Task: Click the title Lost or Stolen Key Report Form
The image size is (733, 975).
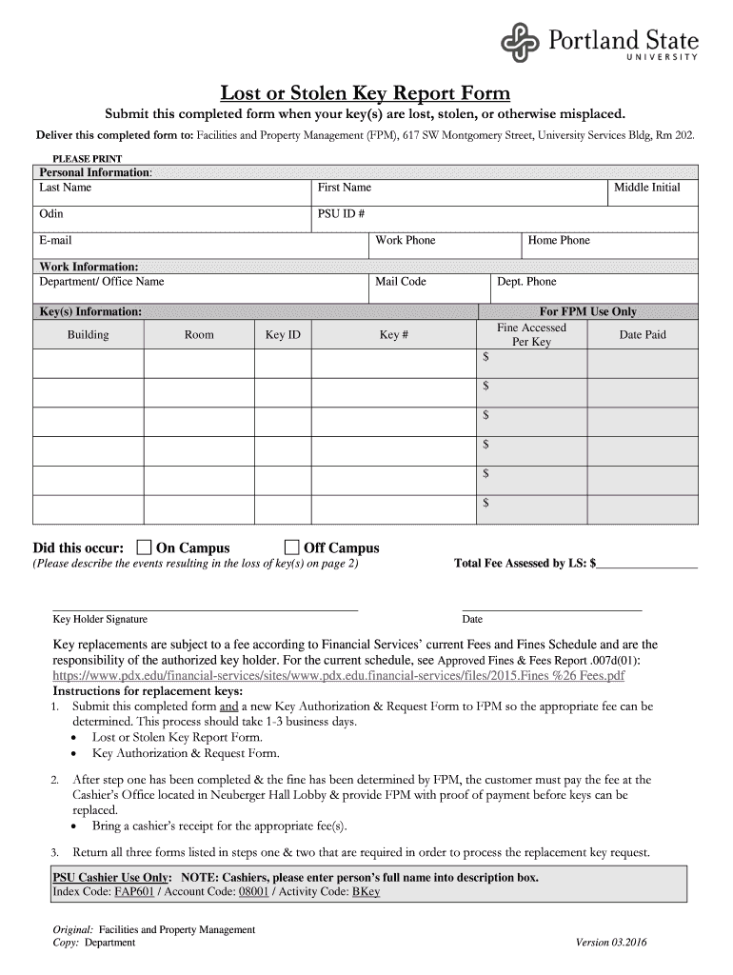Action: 366,93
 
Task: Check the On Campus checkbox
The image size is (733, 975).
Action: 144,547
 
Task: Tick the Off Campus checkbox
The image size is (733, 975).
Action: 292,547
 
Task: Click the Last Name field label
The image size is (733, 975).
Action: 65,188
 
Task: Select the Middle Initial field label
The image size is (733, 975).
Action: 646,188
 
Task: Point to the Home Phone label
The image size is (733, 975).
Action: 559,241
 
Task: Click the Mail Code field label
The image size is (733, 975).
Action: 400,282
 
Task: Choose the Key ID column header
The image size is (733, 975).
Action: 283,335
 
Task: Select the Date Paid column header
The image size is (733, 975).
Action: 643,335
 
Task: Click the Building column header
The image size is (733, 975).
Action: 88,335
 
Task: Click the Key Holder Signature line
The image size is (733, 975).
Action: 205,607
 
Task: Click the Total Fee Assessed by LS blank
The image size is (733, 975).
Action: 647,564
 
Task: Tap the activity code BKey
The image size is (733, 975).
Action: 366,892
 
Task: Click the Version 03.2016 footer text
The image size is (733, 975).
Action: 613,943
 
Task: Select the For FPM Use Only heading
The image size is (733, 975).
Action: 588,311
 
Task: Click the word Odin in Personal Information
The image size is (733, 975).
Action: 51,214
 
